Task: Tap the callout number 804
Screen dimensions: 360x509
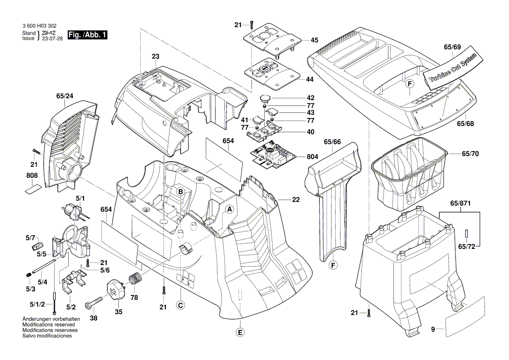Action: pos(312,156)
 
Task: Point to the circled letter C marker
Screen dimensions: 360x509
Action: pos(180,306)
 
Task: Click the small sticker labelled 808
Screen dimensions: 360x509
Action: pos(33,189)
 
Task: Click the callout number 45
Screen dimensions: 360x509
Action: pos(314,40)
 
